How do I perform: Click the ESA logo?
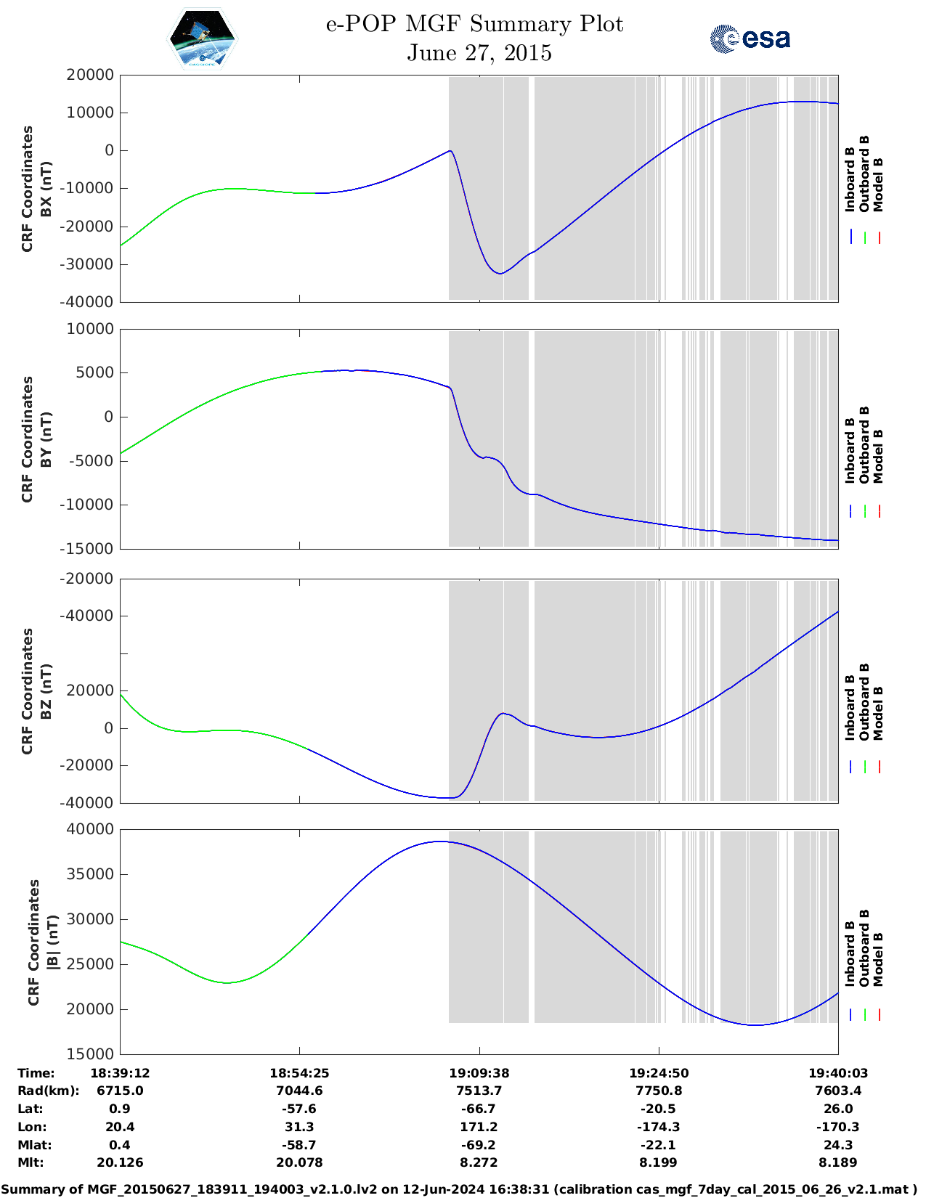pyautogui.click(x=750, y=38)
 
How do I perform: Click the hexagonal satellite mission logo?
pyautogui.click(x=203, y=38)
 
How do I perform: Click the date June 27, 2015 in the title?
pyautogui.click(x=479, y=53)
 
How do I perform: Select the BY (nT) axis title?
pyautogui.click(x=46, y=439)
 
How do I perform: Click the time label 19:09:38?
pyautogui.click(x=479, y=1073)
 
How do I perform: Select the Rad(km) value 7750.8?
pyautogui.click(x=658, y=1091)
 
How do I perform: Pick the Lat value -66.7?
pyautogui.click(x=479, y=1109)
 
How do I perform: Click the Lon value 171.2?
pyautogui.click(x=479, y=1127)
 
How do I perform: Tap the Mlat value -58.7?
pyautogui.click(x=299, y=1145)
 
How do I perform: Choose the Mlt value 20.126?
pyautogui.click(x=120, y=1162)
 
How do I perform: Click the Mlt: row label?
pyautogui.click(x=31, y=1162)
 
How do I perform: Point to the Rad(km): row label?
pyautogui.click(x=48, y=1091)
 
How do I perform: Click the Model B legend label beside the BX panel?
pyautogui.click(x=878, y=184)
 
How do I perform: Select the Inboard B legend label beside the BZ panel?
pyautogui.click(x=850, y=707)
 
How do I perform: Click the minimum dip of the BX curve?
pyautogui.click(x=500, y=273)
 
